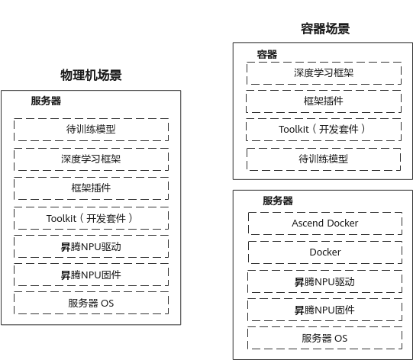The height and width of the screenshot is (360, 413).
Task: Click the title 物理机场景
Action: click(x=91, y=76)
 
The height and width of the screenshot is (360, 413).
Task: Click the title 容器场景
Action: click(x=325, y=29)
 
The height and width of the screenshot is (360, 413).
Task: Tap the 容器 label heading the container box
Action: click(x=267, y=54)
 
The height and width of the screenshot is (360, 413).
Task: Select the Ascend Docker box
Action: click(x=325, y=223)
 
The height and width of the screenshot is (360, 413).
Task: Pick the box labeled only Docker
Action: click(x=325, y=252)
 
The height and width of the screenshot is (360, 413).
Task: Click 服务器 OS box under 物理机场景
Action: click(x=91, y=303)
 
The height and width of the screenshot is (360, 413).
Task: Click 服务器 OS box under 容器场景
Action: click(x=324, y=338)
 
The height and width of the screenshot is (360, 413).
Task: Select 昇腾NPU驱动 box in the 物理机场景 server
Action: click(x=91, y=246)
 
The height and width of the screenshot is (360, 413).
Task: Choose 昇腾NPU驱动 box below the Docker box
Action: click(x=324, y=281)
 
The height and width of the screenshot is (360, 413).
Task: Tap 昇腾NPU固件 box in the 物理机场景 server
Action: click(x=91, y=275)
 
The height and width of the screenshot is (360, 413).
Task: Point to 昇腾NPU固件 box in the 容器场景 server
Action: click(x=324, y=310)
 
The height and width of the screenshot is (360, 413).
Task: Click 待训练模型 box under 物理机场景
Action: click(x=91, y=129)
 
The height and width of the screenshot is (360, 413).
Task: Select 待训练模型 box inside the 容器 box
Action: click(x=324, y=159)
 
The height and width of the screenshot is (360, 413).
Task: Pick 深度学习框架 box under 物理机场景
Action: click(x=91, y=159)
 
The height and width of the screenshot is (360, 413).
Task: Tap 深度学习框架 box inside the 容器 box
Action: click(x=324, y=73)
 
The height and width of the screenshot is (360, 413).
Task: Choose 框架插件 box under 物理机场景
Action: click(x=91, y=188)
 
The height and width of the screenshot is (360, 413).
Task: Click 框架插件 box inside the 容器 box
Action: click(x=324, y=101)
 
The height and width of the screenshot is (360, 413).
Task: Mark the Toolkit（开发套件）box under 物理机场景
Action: click(x=91, y=218)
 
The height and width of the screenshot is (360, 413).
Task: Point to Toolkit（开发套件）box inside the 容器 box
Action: click(x=324, y=130)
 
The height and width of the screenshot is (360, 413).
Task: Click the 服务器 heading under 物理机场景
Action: click(x=46, y=101)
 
